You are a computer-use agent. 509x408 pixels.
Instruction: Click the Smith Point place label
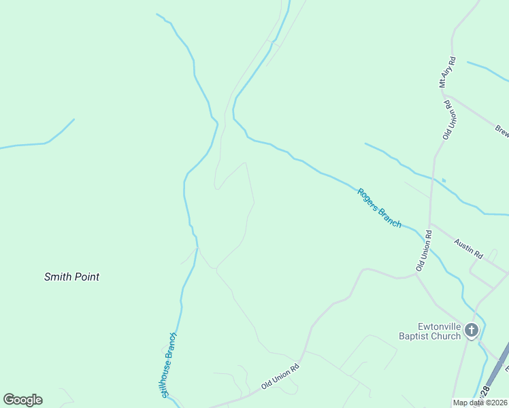(x=71, y=277)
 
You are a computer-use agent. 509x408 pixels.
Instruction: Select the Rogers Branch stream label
(x=379, y=207)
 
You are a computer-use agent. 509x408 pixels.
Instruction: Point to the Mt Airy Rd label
(x=447, y=73)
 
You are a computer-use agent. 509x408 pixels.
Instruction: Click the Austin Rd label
(x=469, y=250)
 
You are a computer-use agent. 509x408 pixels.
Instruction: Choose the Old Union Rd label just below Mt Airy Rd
(x=448, y=120)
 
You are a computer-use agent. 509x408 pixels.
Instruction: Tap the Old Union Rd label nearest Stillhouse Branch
(x=280, y=377)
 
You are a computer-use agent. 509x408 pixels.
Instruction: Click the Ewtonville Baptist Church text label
(x=430, y=330)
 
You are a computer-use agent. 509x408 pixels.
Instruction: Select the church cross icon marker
(x=472, y=331)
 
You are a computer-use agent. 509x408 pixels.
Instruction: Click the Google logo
(x=22, y=400)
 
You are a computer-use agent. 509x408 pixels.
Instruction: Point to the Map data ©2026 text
(x=480, y=403)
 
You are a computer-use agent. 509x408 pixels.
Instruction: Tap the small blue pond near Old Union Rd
(x=444, y=180)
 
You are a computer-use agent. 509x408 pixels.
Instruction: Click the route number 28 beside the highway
(x=485, y=392)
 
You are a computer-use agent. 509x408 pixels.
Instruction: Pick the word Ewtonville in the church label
(x=430, y=326)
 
